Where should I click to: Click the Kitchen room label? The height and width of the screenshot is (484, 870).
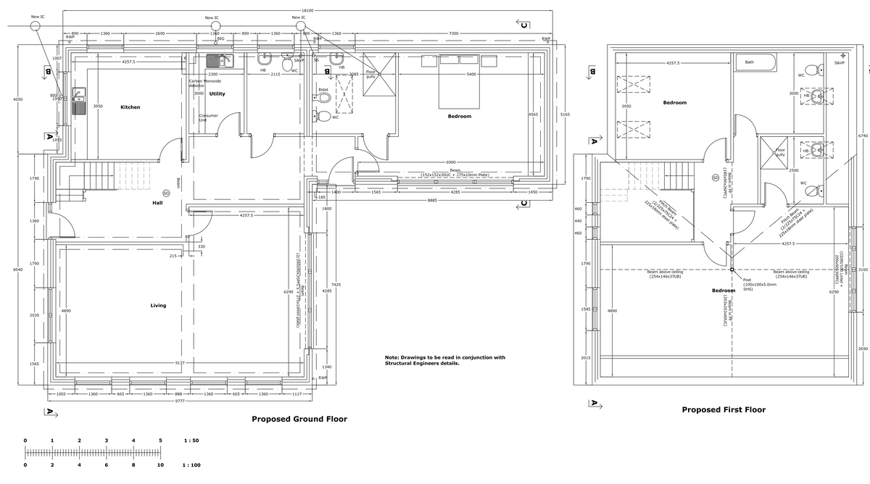pos(130,107)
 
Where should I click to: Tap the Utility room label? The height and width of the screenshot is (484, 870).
pos(217,93)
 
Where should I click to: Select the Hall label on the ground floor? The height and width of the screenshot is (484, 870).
pos(157,203)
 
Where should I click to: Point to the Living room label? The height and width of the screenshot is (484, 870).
pos(158,305)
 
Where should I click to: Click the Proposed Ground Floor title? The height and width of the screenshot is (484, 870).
pos(299,419)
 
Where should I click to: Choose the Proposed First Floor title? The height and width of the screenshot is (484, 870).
pos(723,409)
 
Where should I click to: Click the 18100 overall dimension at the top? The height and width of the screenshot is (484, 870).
pos(307,11)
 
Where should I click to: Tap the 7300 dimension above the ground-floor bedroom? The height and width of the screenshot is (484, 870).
pos(453,33)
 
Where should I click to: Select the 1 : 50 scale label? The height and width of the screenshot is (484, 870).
pos(191,441)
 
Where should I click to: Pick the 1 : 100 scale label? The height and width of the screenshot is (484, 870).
pos(192,465)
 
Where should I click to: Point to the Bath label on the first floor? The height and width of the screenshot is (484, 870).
pos(749,62)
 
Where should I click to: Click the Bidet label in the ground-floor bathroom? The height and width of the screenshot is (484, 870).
pos(323,90)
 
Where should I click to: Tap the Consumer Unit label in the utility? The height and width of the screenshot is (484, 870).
pos(208,117)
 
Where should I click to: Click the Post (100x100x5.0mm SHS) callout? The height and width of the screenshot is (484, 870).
pos(758,284)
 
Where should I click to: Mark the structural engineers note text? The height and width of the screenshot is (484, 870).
pos(444,360)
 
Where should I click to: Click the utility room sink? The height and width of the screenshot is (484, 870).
pos(217,60)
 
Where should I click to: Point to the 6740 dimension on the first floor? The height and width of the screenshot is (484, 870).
pos(862,135)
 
